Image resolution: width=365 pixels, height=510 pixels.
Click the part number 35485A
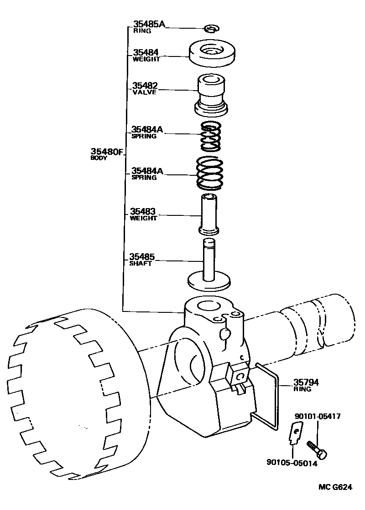point(149,25)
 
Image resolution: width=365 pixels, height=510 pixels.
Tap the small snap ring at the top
point(211,29)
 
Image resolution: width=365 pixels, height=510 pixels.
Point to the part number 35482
point(145,86)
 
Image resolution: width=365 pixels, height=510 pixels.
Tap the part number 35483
point(143,212)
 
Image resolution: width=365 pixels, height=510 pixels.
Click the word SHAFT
point(141,264)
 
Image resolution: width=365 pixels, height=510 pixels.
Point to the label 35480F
point(107,152)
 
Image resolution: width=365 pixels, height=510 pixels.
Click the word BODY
point(98,158)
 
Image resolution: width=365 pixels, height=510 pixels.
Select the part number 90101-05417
point(317,416)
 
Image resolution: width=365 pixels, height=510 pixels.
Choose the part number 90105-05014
point(292,463)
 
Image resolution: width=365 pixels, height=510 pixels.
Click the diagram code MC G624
point(335,487)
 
